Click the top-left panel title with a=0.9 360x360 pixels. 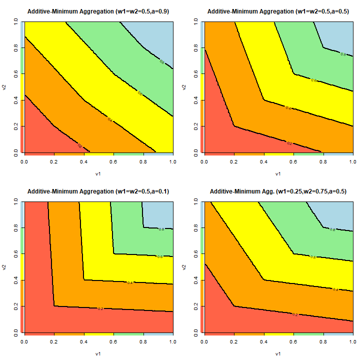coord(98,11)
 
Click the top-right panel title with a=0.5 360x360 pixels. coord(278,11)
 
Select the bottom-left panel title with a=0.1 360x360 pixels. coord(98,191)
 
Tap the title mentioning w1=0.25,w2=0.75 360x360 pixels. coord(278,191)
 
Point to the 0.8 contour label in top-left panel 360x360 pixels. coord(161,62)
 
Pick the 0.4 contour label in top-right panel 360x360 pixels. coord(288,107)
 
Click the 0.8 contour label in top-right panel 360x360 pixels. coord(342,53)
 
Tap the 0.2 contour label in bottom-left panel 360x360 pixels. coord(100,309)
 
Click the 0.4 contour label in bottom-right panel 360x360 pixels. coord(335,289)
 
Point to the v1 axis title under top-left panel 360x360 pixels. coord(98,174)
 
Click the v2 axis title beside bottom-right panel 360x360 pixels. coord(185,267)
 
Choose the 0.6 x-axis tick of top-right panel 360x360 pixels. coord(293,162)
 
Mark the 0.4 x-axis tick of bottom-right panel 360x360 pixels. coord(263,342)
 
